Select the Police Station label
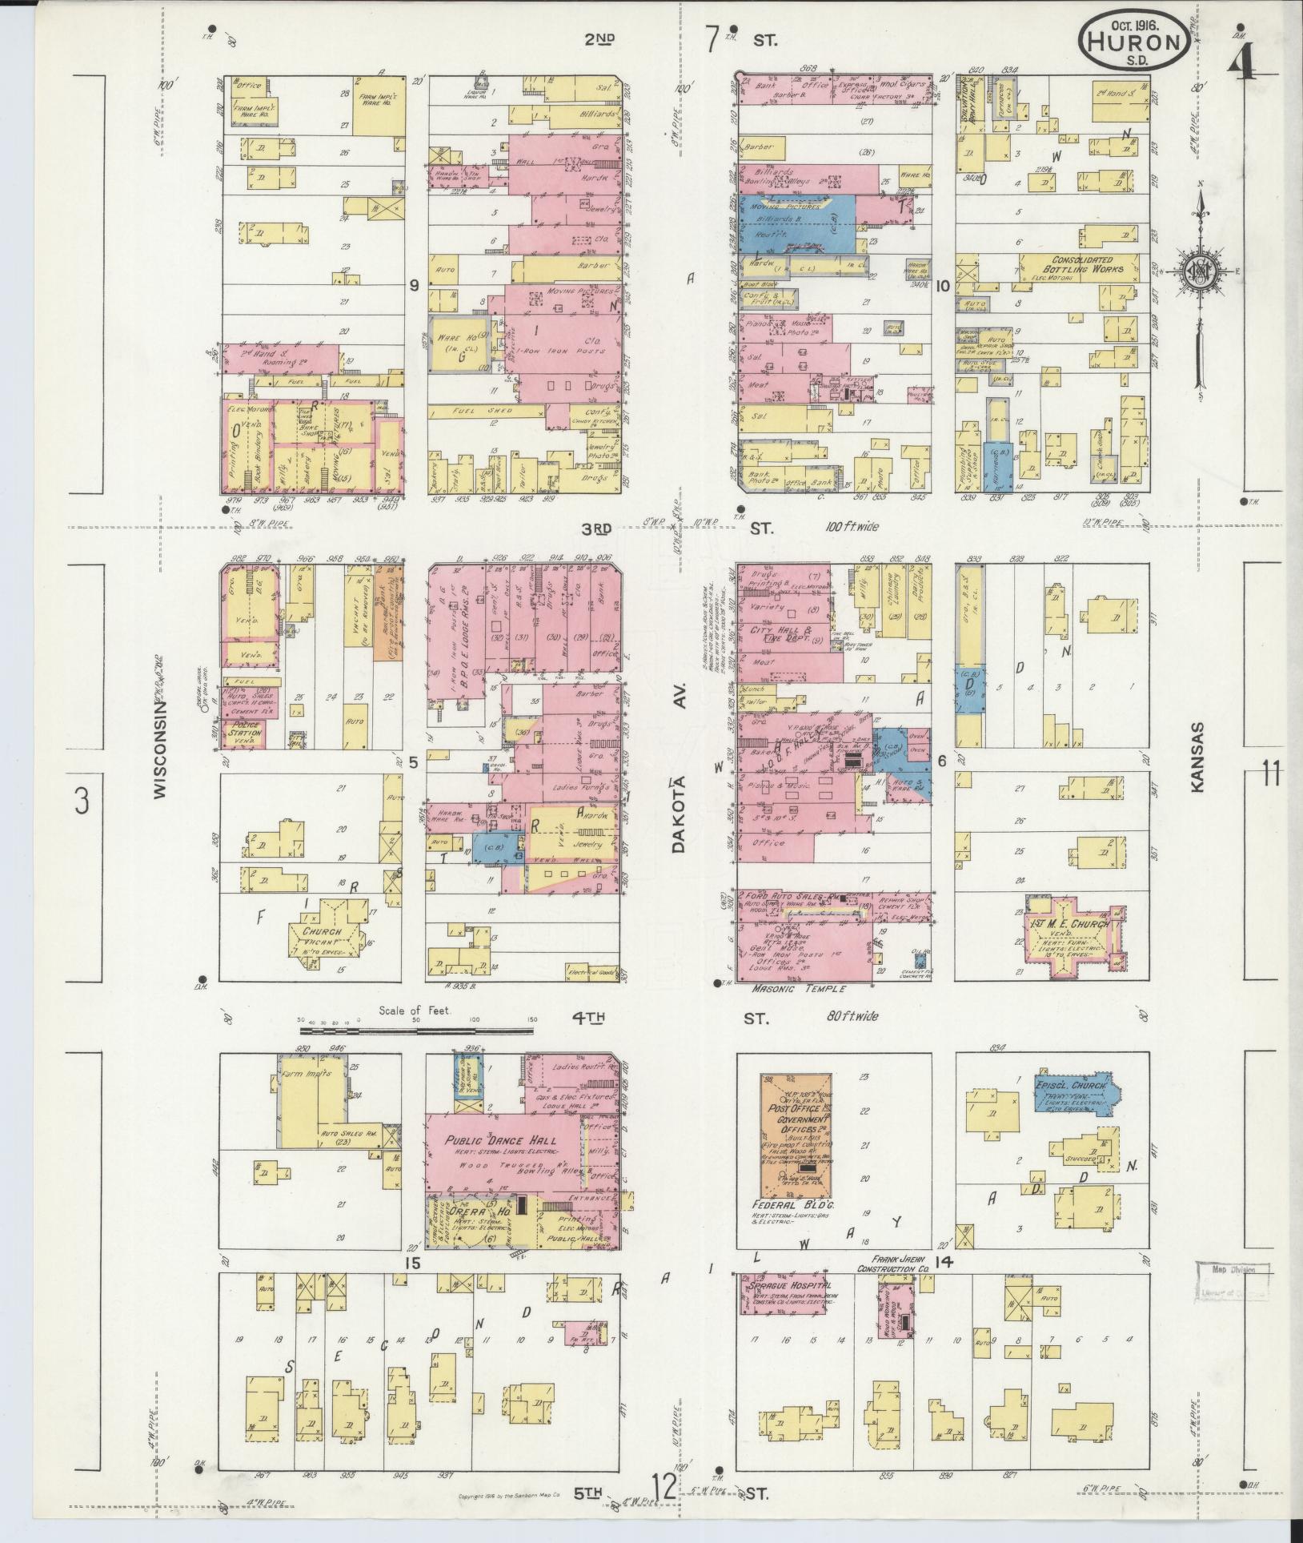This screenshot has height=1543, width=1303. tap(244, 732)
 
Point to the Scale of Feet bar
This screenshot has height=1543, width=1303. tap(416, 1031)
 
